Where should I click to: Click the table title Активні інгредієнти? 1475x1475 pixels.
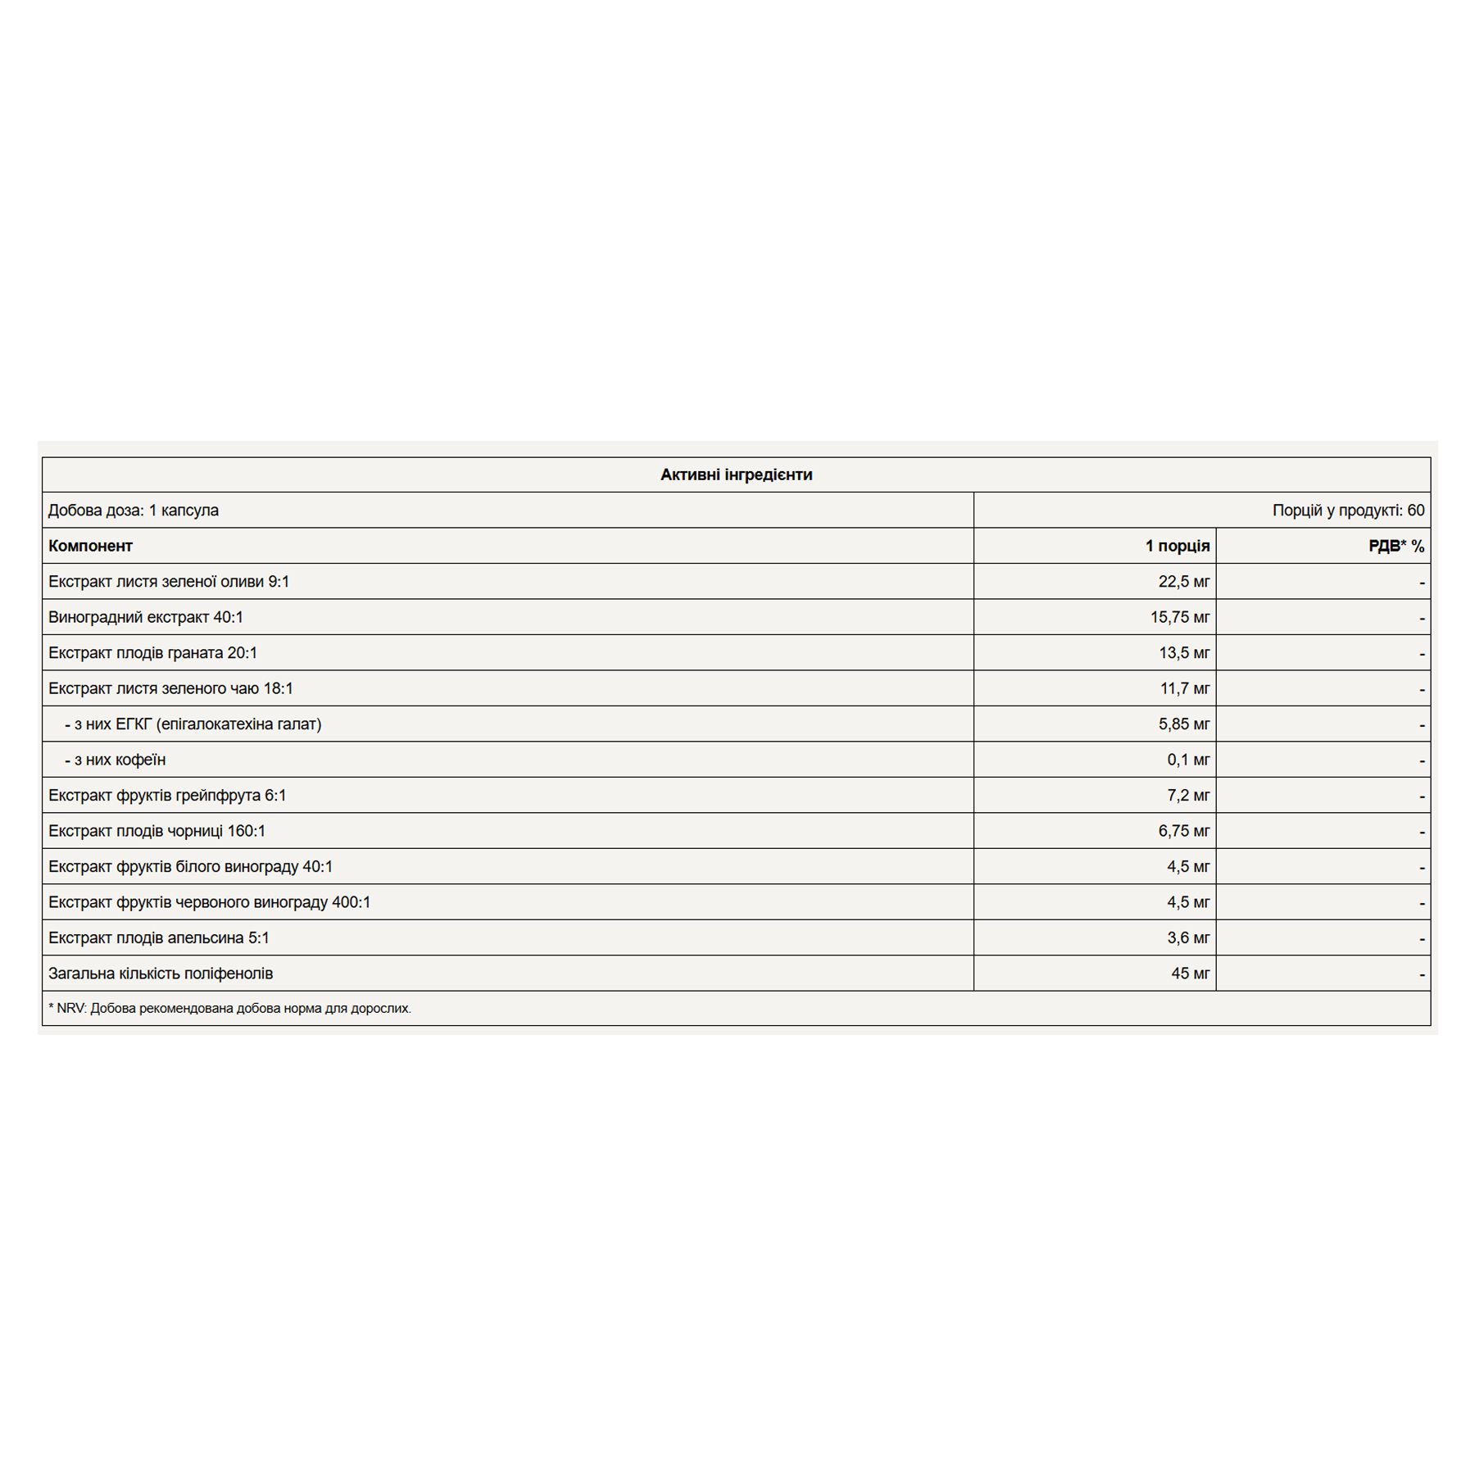tap(736, 474)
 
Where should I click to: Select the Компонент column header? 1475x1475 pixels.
tap(90, 546)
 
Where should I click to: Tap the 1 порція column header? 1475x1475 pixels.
tap(1177, 546)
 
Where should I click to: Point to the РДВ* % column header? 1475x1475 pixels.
tap(1396, 546)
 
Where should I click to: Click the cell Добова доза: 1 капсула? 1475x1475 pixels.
tap(134, 511)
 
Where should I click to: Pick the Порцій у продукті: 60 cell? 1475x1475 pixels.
tap(1348, 511)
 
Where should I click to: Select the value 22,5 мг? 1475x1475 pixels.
tap(1183, 582)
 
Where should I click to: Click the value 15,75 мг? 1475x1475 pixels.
tap(1179, 617)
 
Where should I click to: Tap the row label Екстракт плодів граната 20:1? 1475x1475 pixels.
tap(152, 653)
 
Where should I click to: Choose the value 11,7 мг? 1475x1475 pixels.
tap(1184, 688)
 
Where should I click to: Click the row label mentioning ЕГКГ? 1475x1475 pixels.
tap(193, 724)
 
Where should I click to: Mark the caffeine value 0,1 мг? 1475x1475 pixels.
tap(1188, 760)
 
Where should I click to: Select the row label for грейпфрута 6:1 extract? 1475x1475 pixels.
tap(167, 796)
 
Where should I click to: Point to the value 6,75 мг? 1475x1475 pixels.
tap(1183, 831)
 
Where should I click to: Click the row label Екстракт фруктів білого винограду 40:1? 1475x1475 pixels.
tap(190, 867)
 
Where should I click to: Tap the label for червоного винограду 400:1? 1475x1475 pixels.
tap(209, 902)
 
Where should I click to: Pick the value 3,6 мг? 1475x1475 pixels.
tap(1188, 937)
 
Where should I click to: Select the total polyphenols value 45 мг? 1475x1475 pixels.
tap(1190, 973)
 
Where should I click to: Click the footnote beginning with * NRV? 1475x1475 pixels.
tap(229, 1008)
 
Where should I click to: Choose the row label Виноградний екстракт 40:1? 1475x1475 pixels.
tap(146, 617)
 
